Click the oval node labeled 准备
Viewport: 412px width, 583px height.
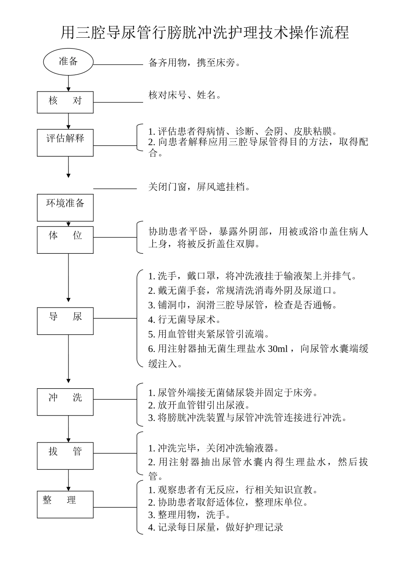(68, 62)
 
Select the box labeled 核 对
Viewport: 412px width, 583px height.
(65, 102)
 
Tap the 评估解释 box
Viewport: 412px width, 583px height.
(65, 142)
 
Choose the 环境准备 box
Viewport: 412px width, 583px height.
(65, 207)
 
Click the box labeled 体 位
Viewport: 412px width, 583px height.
(65, 239)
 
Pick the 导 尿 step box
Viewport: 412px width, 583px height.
(65, 321)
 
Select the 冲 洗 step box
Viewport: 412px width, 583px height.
(65, 402)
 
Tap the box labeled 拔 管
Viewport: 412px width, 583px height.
(65, 455)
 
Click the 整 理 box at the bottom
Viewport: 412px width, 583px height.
(65, 504)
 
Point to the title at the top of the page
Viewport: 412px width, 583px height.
(205, 33)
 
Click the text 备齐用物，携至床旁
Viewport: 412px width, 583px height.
(194, 63)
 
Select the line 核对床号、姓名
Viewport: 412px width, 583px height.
(185, 95)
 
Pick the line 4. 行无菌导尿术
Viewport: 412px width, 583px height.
(184, 320)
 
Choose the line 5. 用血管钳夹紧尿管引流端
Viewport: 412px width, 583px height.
(209, 334)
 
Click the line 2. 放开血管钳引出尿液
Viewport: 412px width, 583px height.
(199, 406)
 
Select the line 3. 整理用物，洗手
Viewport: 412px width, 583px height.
(189, 515)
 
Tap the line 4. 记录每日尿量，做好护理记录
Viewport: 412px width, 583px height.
(216, 527)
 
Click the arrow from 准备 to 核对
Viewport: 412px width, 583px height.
(68, 83)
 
